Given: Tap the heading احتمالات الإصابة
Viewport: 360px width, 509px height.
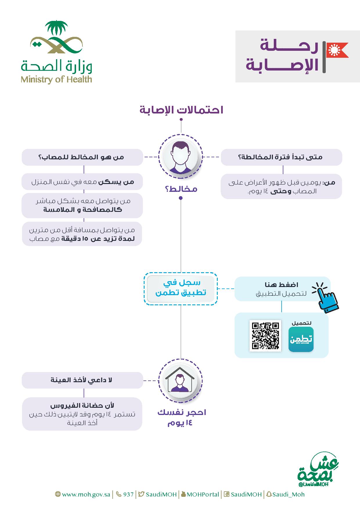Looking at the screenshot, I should point(181,110).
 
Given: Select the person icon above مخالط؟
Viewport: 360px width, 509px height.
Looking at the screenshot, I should point(181,157).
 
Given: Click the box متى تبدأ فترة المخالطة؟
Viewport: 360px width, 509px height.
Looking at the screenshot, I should point(281,157).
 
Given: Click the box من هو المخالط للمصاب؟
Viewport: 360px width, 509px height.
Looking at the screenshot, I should point(82,157).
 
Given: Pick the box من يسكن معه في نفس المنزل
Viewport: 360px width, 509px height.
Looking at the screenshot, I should point(82,182).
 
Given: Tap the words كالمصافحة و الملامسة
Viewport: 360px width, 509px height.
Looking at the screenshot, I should point(82,210).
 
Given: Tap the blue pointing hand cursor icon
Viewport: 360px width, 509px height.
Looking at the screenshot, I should point(326,297).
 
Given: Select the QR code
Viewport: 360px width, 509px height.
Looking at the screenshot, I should point(265,335).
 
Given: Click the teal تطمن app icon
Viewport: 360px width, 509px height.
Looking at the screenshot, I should point(301,339).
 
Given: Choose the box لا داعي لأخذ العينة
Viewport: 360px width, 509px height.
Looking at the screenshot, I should point(82,380).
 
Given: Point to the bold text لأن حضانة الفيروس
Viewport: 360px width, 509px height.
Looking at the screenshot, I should point(82,406).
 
